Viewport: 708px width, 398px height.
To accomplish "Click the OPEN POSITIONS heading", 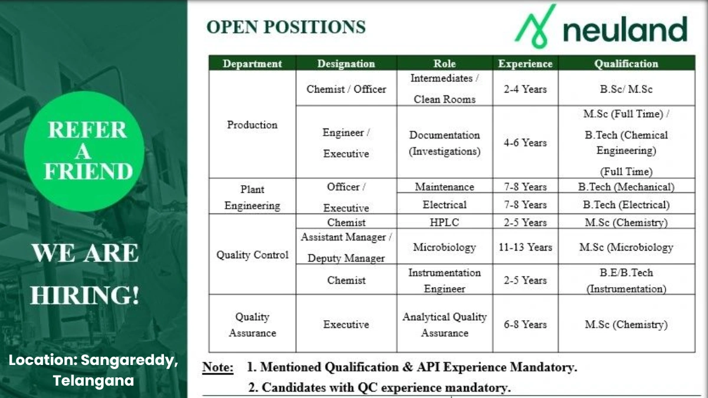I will pos(286,27).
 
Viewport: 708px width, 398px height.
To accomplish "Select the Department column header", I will pos(252,64).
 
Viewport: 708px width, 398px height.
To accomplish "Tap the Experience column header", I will pos(525,64).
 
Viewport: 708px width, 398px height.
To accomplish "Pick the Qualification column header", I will pos(626,64).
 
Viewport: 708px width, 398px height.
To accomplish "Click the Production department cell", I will pos(252,124).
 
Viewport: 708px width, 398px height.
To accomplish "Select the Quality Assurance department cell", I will pos(252,324).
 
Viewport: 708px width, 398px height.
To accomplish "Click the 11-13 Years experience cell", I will pos(525,247).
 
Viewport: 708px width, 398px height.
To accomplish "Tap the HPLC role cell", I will pos(444,222).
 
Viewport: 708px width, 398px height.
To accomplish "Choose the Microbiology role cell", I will pos(444,247).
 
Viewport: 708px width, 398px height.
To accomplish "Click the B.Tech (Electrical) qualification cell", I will pos(626,205).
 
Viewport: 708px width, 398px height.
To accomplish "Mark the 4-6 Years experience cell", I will pos(525,142).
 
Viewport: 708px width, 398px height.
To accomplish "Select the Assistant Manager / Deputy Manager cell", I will pos(346,247).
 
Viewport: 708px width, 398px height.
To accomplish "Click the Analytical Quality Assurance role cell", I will pos(444,324).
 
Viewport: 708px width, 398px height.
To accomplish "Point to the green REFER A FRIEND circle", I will pos(87,151).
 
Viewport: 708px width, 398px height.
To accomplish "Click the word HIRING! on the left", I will pos(84,295).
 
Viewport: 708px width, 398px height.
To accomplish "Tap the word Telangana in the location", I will pos(94,381).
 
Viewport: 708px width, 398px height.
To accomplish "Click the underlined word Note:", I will pos(218,367).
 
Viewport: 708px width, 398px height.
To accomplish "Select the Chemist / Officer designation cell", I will pos(346,89).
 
